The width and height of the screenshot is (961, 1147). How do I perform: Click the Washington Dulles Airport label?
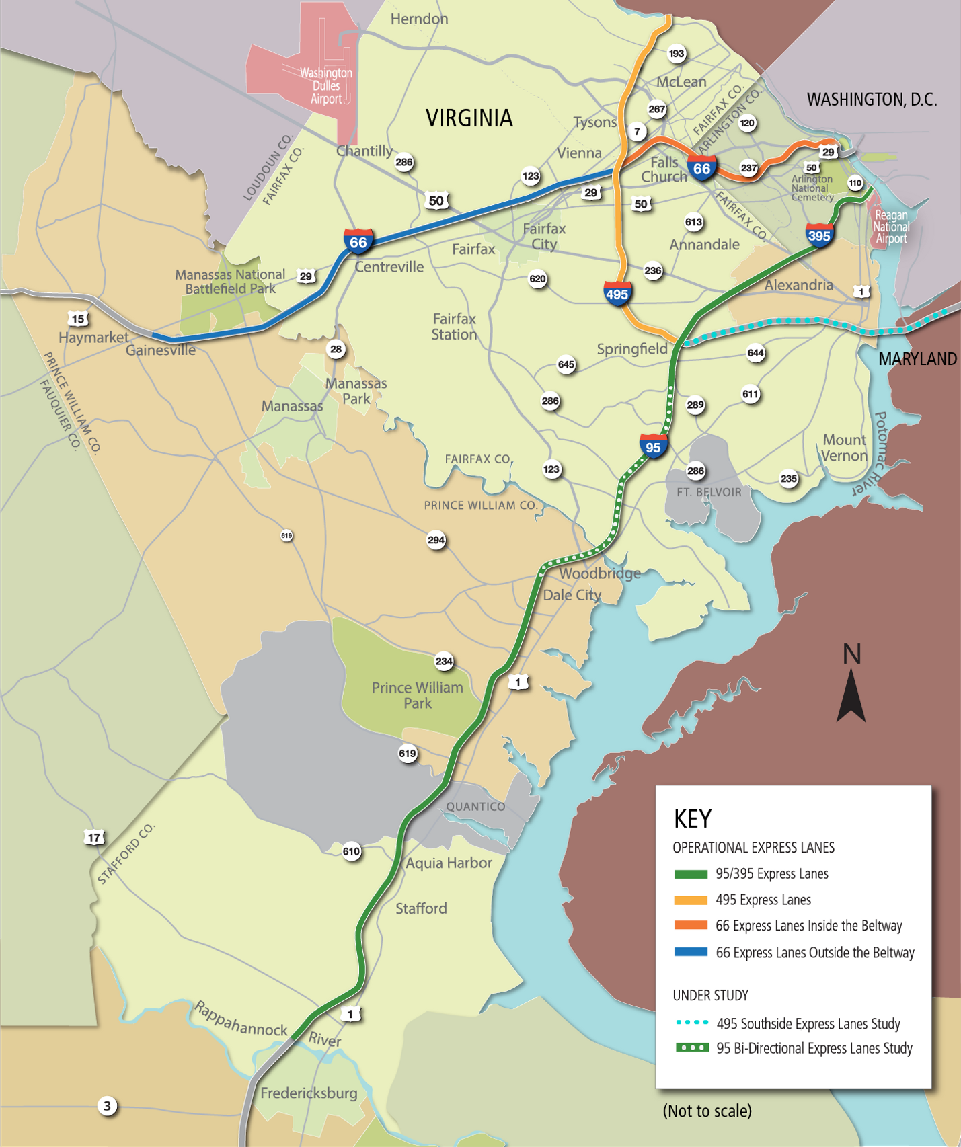point(326,85)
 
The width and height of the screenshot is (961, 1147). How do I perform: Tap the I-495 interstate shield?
point(617,294)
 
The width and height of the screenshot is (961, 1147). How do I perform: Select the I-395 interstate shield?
point(819,235)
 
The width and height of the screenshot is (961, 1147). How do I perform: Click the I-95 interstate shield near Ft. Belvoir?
point(653,447)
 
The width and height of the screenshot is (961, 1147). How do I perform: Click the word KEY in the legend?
point(692,819)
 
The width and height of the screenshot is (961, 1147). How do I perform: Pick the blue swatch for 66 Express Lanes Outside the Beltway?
point(691,952)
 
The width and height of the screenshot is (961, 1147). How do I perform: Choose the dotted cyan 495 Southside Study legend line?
point(691,1023)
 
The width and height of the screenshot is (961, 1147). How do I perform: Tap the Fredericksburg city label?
point(309,1093)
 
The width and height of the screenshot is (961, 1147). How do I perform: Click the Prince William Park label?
point(417,695)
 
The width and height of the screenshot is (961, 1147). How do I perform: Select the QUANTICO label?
point(475,807)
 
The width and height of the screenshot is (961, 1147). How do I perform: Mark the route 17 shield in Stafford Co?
point(94,838)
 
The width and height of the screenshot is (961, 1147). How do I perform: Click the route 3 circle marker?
point(107,1106)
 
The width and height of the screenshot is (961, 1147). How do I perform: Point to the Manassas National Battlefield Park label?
point(230,282)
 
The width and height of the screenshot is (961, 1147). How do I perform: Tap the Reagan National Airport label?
point(890,227)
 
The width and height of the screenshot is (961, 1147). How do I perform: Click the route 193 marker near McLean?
point(677,54)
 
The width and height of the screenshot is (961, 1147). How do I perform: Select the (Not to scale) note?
point(707,1111)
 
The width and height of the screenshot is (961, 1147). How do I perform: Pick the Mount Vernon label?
point(845,448)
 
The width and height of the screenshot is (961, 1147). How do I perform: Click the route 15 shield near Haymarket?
point(78,319)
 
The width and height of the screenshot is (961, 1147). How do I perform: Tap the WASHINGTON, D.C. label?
point(872,100)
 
